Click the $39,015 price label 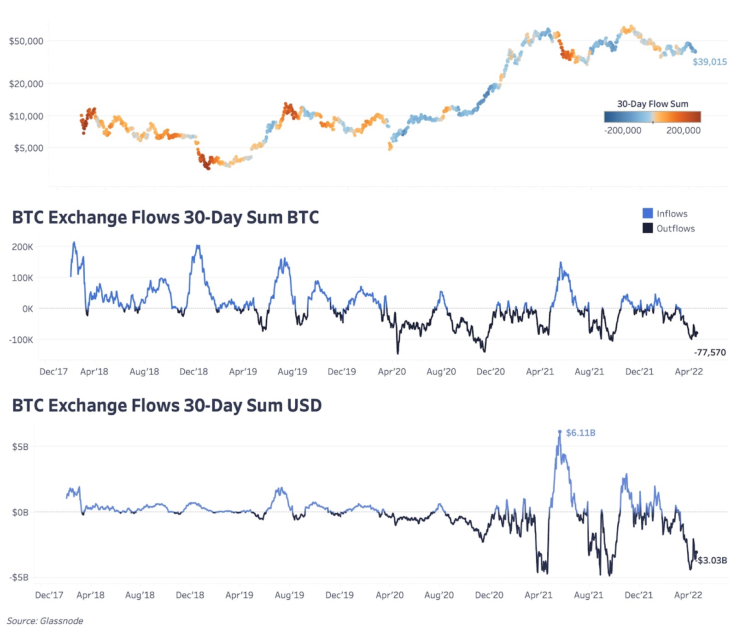point(709,62)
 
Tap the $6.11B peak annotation point(580,433)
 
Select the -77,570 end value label point(709,353)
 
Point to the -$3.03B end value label point(712,561)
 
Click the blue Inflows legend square point(648,213)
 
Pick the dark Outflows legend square point(648,228)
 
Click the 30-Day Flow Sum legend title point(652,104)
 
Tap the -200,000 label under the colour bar point(623,130)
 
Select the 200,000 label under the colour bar point(683,130)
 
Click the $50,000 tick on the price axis point(26,41)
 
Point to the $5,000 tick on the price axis point(29,148)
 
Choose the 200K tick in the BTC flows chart point(23,247)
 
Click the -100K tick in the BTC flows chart point(21,340)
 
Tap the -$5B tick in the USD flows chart point(19,578)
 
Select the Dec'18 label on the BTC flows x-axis point(193,372)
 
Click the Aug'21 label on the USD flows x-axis point(588,595)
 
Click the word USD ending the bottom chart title point(304,406)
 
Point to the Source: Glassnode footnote point(45,621)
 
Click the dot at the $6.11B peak point(560,432)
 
